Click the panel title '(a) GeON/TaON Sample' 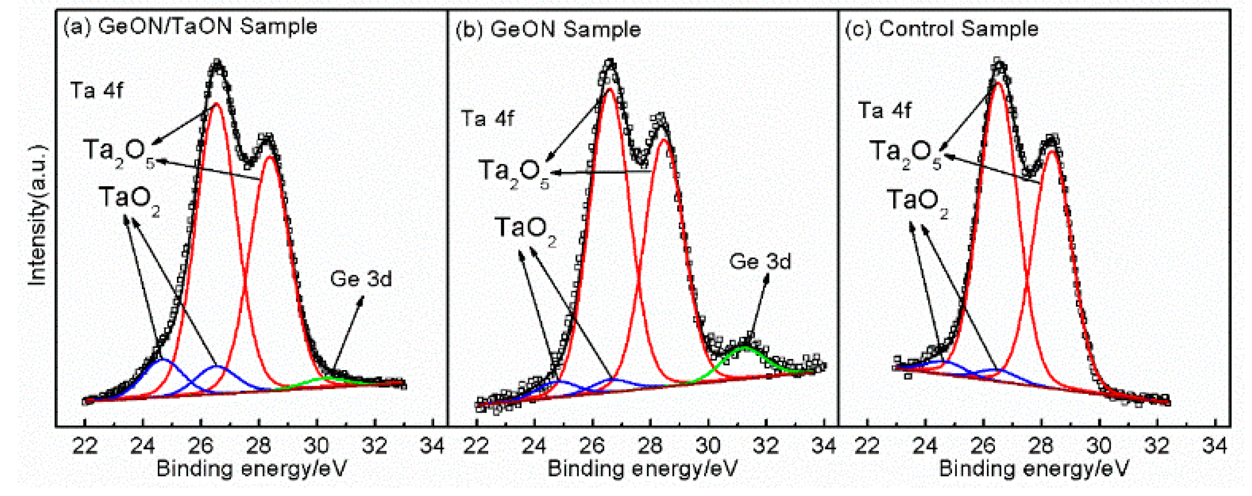pos(191,26)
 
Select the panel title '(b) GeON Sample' pos(548,29)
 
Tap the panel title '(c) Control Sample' pos(942,29)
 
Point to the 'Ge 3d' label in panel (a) pos(360,279)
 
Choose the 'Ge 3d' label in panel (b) pos(760,261)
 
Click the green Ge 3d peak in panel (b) pos(745,348)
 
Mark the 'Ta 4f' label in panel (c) pos(884,110)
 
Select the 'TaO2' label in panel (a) pos(129,199)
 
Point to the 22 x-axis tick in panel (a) pos(85,445)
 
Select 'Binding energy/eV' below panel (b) pos(642,469)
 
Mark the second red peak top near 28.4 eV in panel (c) pos(1052,152)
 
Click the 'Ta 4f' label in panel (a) pos(96,90)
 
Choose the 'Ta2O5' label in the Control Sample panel pos(905,153)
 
